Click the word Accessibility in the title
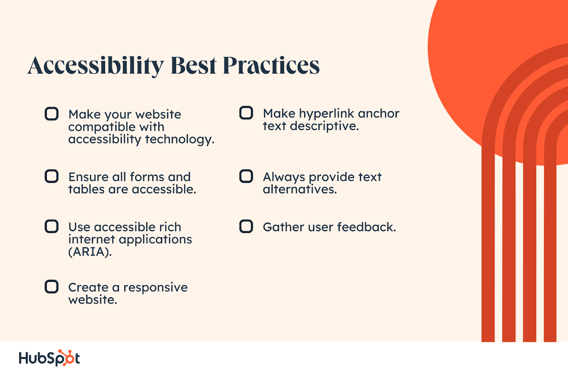[95, 66]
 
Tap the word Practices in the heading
[271, 65]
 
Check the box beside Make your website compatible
[52, 114]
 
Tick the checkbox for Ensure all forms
[52, 176]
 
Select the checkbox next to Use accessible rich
[52, 226]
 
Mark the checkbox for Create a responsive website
[52, 287]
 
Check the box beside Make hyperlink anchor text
[246, 113]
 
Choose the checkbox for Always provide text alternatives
[246, 176]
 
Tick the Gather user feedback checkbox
[246, 226]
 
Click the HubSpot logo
[49, 358]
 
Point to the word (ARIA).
[90, 252]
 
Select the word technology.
[180, 140]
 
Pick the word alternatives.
[300, 189]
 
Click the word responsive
[155, 288]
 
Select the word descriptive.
[324, 126]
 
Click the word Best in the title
[194, 65]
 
